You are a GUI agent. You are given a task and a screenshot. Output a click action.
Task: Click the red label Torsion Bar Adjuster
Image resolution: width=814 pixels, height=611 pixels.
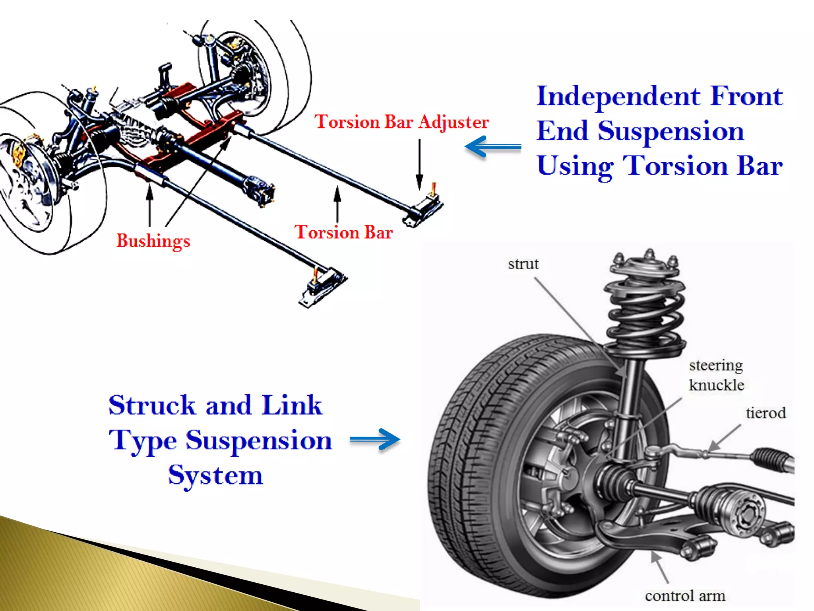pyautogui.click(x=401, y=122)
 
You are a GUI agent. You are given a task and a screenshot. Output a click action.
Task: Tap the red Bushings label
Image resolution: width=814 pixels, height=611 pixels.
pyautogui.click(x=153, y=241)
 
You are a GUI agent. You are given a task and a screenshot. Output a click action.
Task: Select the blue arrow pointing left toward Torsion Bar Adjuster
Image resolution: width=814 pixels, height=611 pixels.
pyautogui.click(x=493, y=147)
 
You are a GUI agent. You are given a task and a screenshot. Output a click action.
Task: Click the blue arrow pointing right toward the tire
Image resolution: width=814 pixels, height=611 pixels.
pyautogui.click(x=375, y=439)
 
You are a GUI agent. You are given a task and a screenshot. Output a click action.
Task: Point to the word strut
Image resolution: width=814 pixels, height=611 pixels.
pyautogui.click(x=523, y=264)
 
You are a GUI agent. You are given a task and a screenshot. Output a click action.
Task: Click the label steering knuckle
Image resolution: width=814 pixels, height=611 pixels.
pyautogui.click(x=716, y=375)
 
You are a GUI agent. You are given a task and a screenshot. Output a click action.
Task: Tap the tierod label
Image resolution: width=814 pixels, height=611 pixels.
pyautogui.click(x=766, y=413)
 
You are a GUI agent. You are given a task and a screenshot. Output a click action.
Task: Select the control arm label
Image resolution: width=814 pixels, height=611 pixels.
pyautogui.click(x=685, y=596)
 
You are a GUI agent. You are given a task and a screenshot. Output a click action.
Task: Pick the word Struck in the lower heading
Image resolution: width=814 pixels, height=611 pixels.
pyautogui.click(x=152, y=405)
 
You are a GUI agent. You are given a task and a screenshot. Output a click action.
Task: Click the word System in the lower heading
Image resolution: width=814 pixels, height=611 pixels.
pyautogui.click(x=215, y=475)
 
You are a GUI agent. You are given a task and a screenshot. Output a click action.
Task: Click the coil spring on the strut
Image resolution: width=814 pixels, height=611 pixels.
pyautogui.click(x=646, y=318)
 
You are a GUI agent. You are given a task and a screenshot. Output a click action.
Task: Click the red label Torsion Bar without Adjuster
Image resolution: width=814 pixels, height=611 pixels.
pyautogui.click(x=343, y=232)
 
